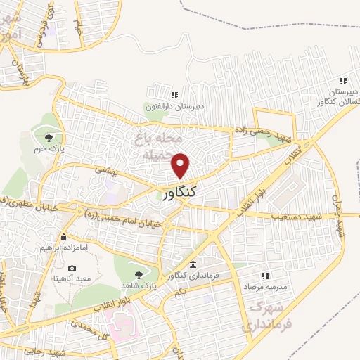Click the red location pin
181,165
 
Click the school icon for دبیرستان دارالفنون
174,95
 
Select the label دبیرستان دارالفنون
179,106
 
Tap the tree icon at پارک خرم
49,138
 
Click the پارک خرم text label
49,149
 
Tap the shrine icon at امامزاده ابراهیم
64,236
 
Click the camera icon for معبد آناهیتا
72,268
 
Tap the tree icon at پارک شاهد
139,274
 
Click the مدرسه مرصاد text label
264,288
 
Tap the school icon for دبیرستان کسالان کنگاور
343,81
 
